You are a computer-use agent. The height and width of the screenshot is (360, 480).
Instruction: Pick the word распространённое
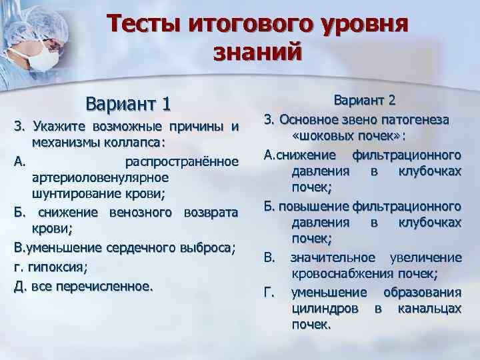tap(181, 161)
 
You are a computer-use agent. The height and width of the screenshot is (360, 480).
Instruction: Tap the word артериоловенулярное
tap(99, 178)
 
